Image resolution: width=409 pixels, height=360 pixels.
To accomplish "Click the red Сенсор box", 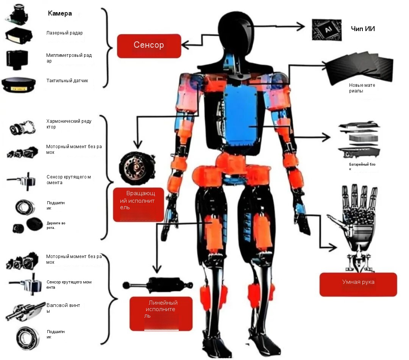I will [x=149, y=46].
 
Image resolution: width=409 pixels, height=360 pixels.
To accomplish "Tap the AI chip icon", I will [x=326, y=29].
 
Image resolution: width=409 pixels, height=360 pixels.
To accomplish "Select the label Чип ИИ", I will [x=363, y=28].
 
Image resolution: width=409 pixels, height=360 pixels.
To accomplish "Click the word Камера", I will [x=60, y=14].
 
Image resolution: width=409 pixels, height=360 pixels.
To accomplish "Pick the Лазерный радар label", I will [x=64, y=33].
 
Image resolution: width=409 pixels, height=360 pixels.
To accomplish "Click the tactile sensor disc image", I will [x=19, y=84].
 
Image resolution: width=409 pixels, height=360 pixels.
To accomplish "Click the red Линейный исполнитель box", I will [x=161, y=313].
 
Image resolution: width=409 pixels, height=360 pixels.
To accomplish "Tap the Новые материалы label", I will [x=362, y=88].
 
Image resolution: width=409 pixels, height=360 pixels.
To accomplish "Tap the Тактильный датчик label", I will [x=67, y=81].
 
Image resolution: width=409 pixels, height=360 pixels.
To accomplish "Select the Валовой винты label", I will [x=63, y=308].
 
